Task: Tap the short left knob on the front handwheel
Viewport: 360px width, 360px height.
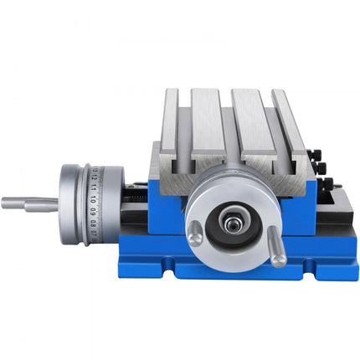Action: (194, 237)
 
